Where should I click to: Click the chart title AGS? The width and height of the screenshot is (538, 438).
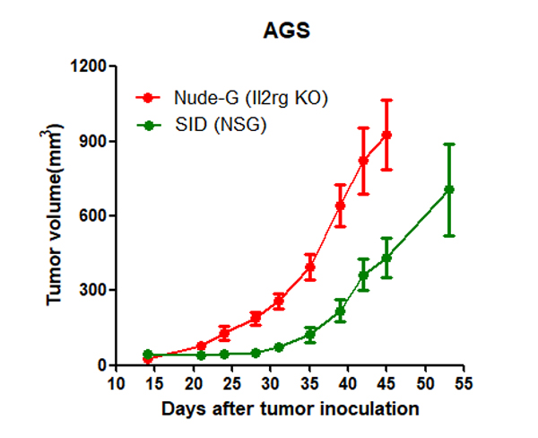287,30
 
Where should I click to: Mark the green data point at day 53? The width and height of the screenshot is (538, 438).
449,189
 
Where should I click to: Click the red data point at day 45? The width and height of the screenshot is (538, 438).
387,135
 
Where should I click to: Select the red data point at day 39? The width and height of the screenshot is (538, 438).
341,206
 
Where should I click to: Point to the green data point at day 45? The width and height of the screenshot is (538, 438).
387,258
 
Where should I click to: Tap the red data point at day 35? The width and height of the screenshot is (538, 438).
310,267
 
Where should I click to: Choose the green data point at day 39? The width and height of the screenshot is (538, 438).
341,311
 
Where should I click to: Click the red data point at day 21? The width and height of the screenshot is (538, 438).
202,346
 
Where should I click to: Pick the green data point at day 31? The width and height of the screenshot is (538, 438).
279,347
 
